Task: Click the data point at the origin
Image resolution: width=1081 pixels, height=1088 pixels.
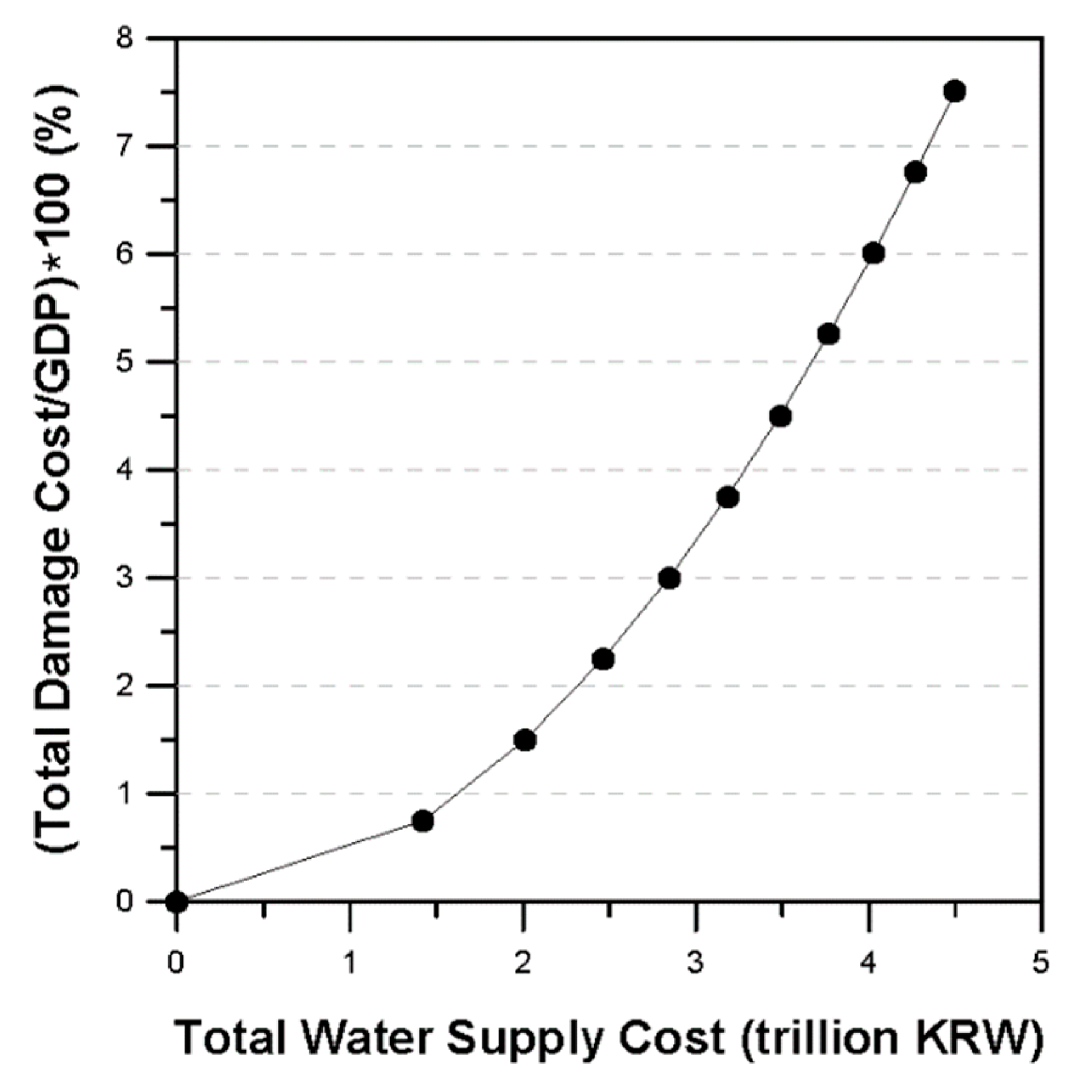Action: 176,901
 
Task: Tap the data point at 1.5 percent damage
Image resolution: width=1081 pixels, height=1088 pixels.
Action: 524,740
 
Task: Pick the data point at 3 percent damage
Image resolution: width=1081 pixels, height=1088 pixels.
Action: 669,578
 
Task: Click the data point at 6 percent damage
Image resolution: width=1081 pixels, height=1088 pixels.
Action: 873,253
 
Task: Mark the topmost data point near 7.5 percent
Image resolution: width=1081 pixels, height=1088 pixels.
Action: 955,91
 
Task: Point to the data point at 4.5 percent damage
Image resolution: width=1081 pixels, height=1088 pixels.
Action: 780,416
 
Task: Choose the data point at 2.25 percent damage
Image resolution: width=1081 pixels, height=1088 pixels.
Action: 603,659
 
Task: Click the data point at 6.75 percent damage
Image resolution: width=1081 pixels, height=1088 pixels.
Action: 916,173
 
